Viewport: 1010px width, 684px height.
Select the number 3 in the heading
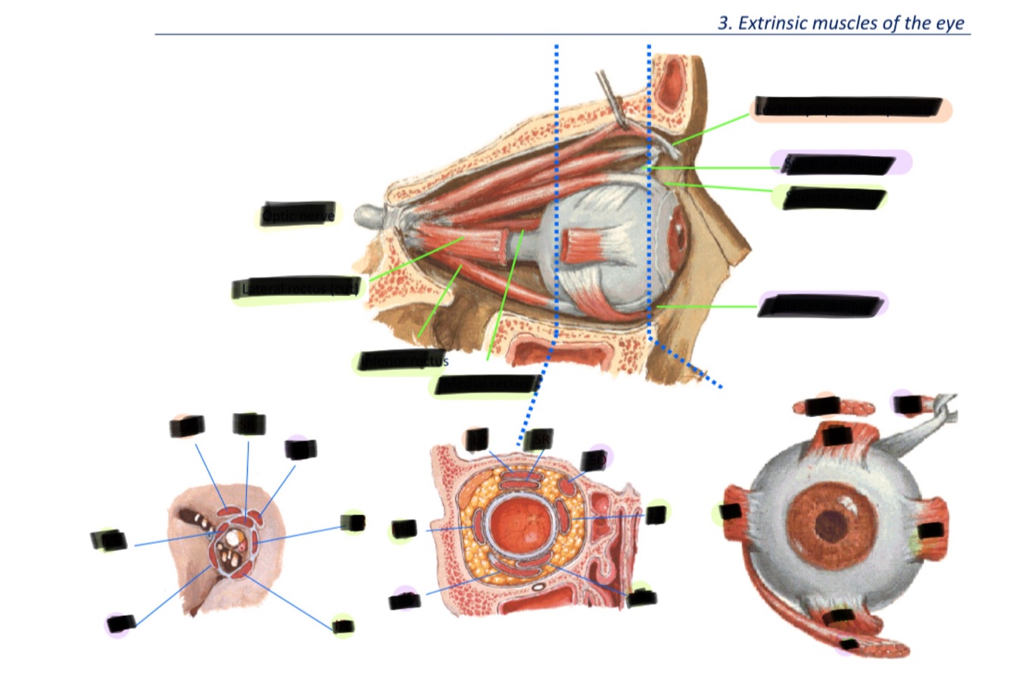(x=723, y=23)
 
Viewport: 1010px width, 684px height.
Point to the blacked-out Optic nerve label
(x=298, y=214)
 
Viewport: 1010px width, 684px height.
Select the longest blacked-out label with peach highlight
(x=849, y=108)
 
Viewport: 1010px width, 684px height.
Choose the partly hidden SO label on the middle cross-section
(x=594, y=460)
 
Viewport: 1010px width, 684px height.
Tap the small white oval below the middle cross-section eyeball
(x=538, y=586)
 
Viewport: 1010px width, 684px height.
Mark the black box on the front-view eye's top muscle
(x=836, y=436)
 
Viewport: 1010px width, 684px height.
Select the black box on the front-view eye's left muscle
(x=731, y=512)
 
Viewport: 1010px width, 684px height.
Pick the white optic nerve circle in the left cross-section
(x=230, y=538)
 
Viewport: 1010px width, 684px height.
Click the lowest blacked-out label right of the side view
(x=821, y=306)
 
